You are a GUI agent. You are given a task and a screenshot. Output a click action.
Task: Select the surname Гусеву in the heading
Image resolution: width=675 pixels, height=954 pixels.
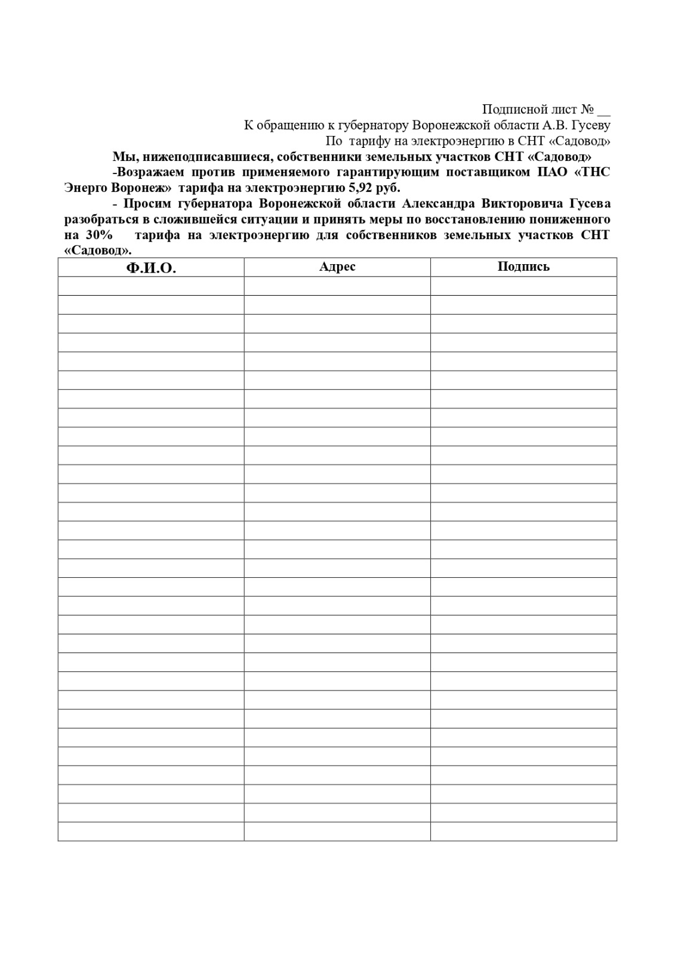591,125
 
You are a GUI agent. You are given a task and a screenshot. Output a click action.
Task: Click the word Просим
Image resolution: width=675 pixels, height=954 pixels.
147,203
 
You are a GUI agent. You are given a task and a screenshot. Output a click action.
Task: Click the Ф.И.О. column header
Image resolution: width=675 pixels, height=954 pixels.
151,268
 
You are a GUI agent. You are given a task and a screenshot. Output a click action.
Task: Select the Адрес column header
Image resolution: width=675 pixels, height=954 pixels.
337,267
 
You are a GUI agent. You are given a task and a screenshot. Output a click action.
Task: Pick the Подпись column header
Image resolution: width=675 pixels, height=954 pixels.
523,267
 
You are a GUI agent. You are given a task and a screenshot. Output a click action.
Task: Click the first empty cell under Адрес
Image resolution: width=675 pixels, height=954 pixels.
337,286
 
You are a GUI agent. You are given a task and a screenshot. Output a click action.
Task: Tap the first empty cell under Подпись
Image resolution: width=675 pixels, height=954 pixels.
523,286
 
